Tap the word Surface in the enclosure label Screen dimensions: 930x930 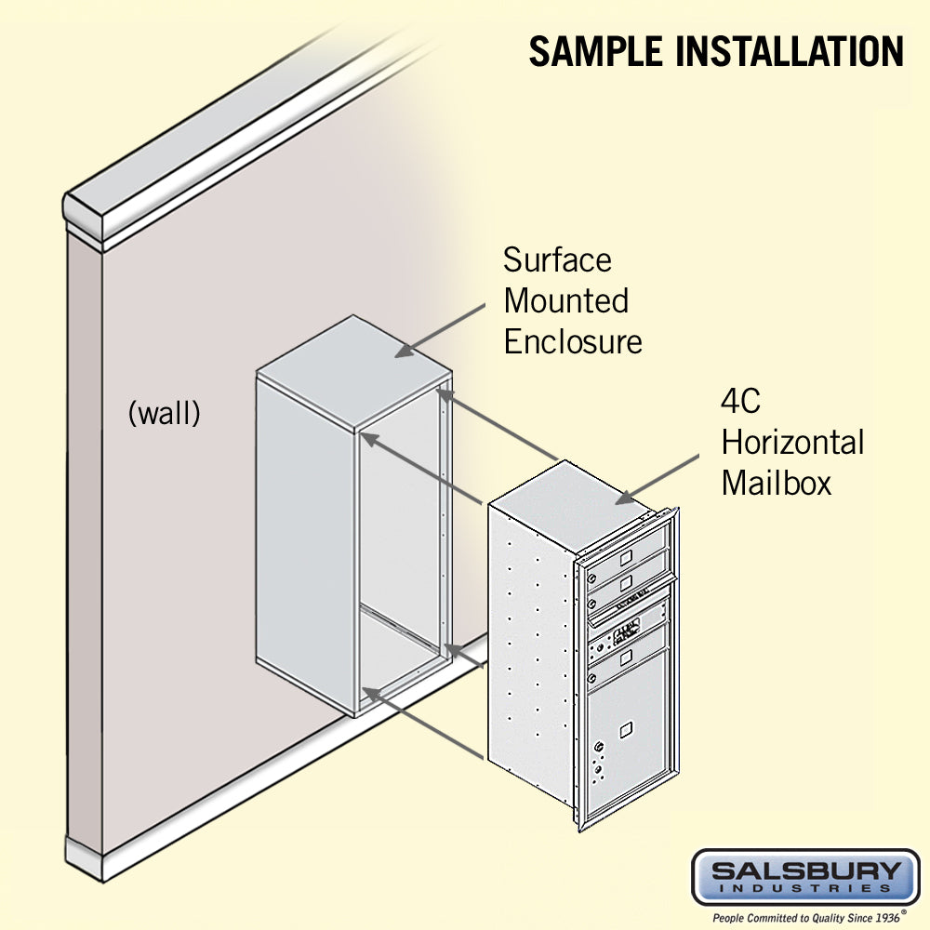tap(557, 259)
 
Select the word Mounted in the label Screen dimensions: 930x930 tap(565, 300)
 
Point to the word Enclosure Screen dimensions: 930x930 tap(572, 341)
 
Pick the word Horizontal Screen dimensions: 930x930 tap(792, 443)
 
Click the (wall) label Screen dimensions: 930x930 tap(164, 413)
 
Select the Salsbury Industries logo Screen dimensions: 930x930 tap(804, 877)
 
